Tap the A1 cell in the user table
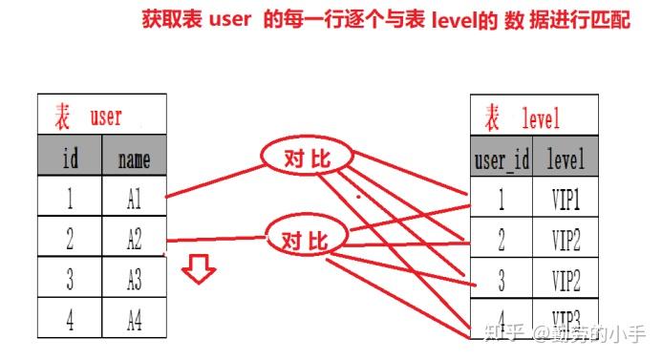[134, 198]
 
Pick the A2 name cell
[134, 239]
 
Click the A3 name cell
[134, 280]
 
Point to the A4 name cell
[134, 320]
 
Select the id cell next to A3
[70, 280]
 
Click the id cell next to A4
[70, 320]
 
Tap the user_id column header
[502, 159]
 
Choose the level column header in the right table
[566, 159]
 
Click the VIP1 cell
[566, 200]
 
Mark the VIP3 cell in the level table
[566, 317]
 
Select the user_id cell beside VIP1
[502, 200]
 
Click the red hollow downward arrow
[200, 270]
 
